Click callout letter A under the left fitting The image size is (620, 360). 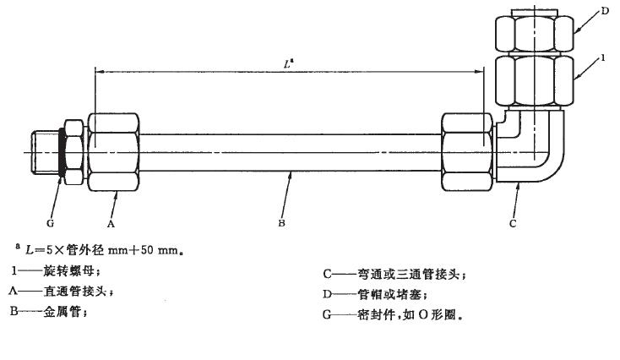pos(110,223)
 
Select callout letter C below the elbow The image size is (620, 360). pos(514,224)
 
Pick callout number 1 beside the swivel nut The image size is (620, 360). pos(605,60)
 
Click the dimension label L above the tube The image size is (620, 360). pos(289,63)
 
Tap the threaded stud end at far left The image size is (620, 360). pos(41,153)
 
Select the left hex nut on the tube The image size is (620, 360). pos(111,153)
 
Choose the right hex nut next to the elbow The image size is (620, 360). pos(465,153)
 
